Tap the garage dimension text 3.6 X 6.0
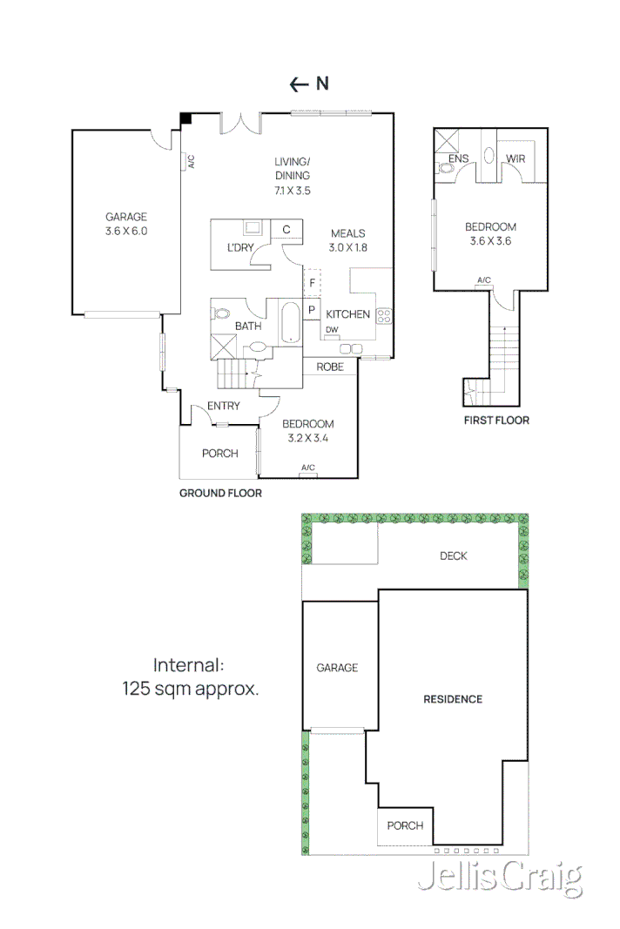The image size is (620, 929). tap(126, 232)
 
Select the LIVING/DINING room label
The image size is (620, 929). tap(292, 169)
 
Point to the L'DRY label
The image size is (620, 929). tap(240, 248)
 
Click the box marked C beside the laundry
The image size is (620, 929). tap(286, 230)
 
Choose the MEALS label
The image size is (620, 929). tap(347, 233)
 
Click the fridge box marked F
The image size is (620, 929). tap(311, 283)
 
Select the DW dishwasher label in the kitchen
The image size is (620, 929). tap(332, 329)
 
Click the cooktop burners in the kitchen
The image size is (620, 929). tap(384, 316)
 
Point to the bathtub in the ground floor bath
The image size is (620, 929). tap(288, 324)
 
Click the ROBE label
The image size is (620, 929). tap(330, 367)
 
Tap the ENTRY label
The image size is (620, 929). tap(224, 406)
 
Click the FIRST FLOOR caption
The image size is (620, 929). tap(496, 421)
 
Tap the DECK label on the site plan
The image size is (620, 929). tap(453, 556)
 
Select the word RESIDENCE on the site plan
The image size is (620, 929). tap(453, 699)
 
